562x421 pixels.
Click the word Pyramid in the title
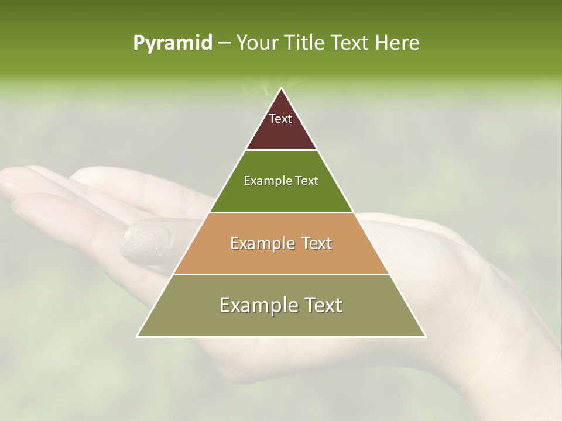click(x=172, y=43)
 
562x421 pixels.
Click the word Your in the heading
click(x=258, y=43)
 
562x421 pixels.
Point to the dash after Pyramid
click(x=224, y=43)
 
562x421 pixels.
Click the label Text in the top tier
click(x=280, y=119)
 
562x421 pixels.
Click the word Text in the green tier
click(x=306, y=181)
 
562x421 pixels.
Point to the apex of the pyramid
click(x=282, y=89)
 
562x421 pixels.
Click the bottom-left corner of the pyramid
click(x=138, y=336)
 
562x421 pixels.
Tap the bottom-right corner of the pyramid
click(x=425, y=336)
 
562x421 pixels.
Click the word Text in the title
click(x=351, y=43)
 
